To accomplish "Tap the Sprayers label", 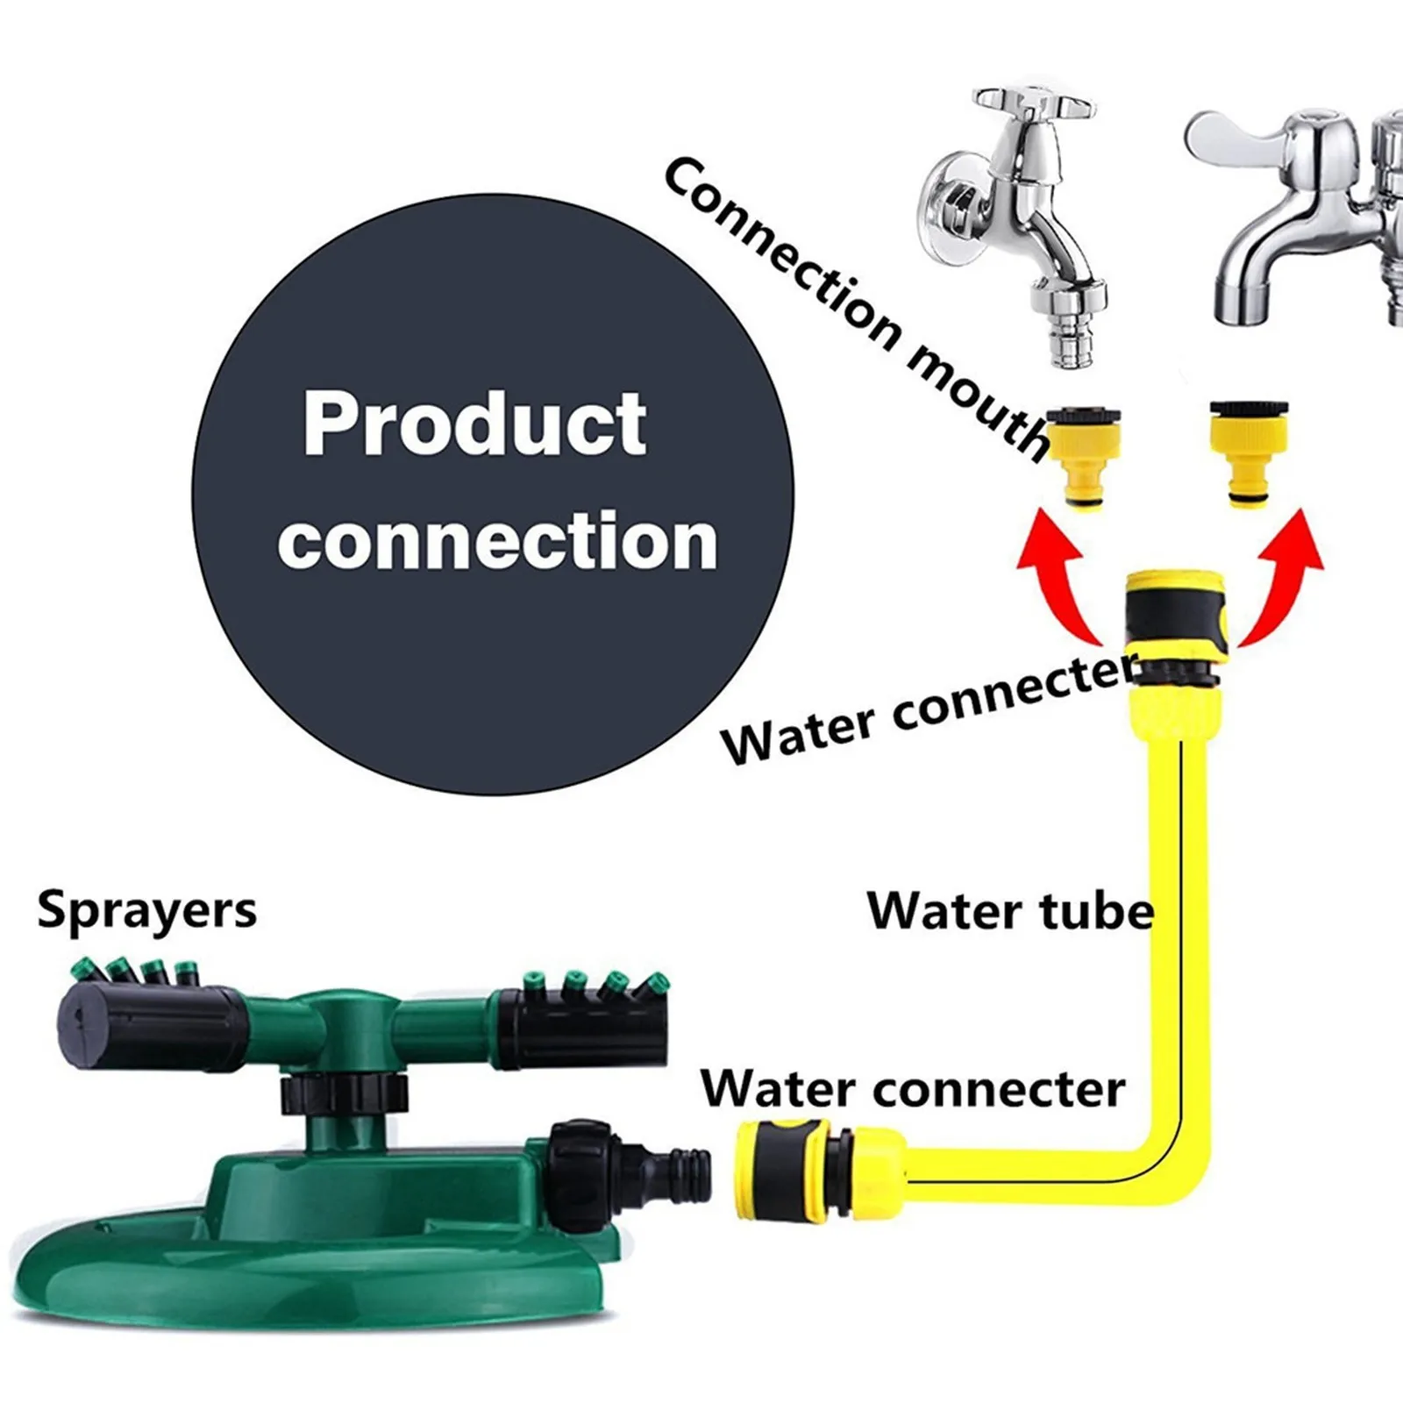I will [x=147, y=910].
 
